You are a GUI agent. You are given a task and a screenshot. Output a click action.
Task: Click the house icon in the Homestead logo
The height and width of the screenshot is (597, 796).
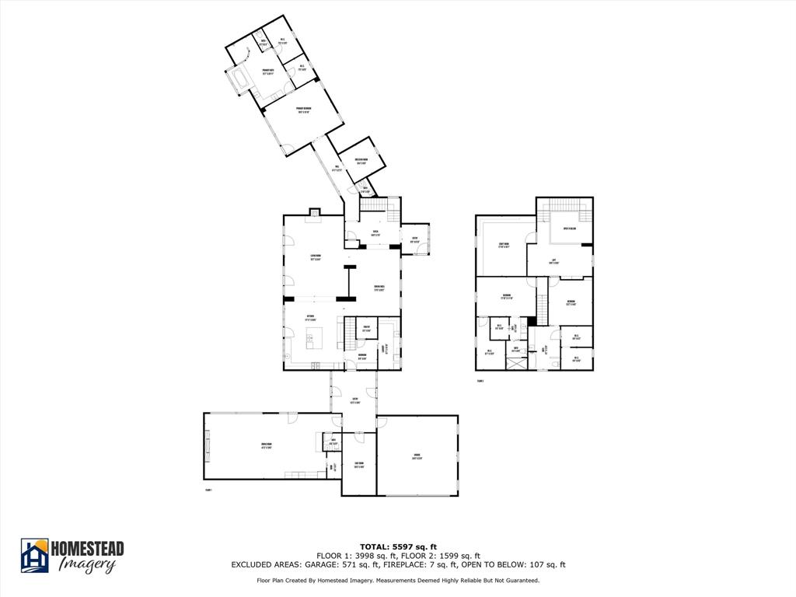pyautogui.click(x=34, y=555)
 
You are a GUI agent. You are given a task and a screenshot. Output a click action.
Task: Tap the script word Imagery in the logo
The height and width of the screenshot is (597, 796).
pyautogui.click(x=88, y=565)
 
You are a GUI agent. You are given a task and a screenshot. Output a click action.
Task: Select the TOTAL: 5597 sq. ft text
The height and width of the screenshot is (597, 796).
pyautogui.click(x=397, y=546)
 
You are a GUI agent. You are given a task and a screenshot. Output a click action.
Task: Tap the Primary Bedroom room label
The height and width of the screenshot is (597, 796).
pyautogui.click(x=303, y=110)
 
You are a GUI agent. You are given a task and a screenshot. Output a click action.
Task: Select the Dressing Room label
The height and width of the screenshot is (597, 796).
pyautogui.click(x=361, y=162)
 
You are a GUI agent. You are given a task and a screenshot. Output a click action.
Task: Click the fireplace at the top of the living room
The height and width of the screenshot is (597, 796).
pyautogui.click(x=315, y=211)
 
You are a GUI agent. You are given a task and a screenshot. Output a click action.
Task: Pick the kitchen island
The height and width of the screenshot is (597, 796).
pyautogui.click(x=315, y=337)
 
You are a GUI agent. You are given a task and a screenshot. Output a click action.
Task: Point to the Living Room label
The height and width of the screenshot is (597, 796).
pyautogui.click(x=316, y=258)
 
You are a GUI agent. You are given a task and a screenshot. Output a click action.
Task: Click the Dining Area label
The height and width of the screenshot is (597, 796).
pyautogui.click(x=380, y=288)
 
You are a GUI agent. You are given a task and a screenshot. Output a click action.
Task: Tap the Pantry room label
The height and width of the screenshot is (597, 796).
pyautogui.click(x=366, y=329)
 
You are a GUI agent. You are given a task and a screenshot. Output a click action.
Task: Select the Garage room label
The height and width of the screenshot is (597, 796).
pyautogui.click(x=417, y=456)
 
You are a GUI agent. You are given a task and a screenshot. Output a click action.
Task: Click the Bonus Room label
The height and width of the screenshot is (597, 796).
pyautogui.click(x=266, y=446)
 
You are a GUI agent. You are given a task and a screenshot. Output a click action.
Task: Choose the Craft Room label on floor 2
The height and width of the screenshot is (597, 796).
pyautogui.click(x=504, y=246)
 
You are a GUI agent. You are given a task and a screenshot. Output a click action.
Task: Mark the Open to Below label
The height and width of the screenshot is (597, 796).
pyautogui.click(x=569, y=229)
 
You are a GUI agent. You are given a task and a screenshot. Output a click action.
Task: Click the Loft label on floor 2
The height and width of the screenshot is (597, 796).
pyautogui.click(x=554, y=261)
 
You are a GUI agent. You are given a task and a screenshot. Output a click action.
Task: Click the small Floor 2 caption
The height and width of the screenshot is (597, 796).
pyautogui.click(x=480, y=381)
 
